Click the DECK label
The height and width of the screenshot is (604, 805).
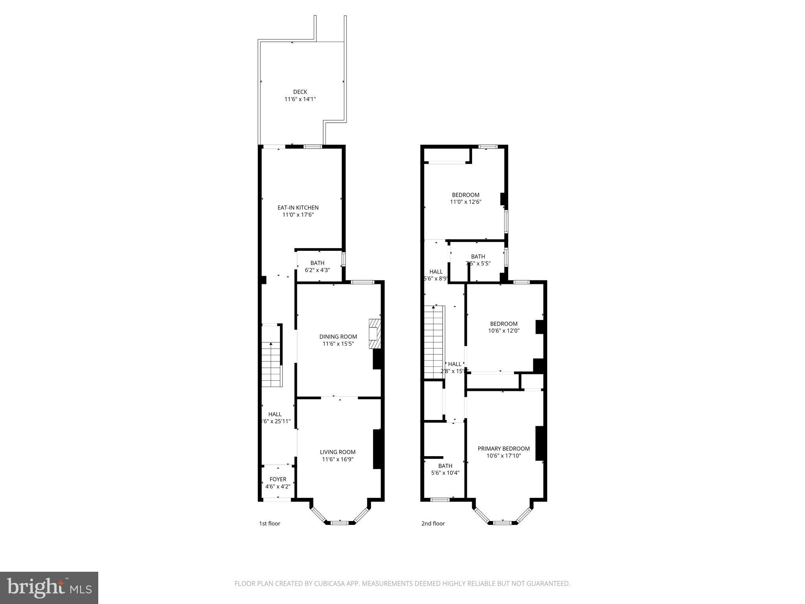(x=300, y=92)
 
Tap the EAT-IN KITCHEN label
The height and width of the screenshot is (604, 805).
(x=298, y=208)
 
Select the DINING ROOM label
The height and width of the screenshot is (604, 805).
(x=338, y=337)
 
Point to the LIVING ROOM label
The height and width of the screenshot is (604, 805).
(x=337, y=452)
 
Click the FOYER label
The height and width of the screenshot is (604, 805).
(x=278, y=479)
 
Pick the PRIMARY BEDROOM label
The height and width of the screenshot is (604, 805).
(x=504, y=449)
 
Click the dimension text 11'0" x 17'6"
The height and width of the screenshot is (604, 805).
(x=298, y=215)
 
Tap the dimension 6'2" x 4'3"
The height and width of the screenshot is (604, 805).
(x=317, y=270)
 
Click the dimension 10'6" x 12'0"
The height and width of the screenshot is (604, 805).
(x=504, y=331)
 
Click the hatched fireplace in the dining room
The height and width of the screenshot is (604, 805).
(x=375, y=333)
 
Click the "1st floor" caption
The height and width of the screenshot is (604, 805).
(x=269, y=524)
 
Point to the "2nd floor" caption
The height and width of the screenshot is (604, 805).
(x=433, y=524)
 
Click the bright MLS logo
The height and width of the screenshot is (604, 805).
(x=49, y=587)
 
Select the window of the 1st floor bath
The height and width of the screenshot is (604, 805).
(x=343, y=260)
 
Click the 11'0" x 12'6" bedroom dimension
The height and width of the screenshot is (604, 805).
(x=465, y=202)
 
